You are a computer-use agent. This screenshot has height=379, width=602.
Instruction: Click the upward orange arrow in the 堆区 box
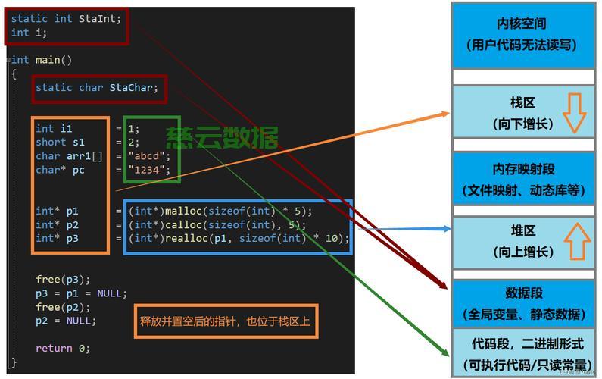pos(577,241)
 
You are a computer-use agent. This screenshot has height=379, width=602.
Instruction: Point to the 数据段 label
pos(524,293)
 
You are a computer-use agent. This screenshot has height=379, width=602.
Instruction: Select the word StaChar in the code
pos(133,87)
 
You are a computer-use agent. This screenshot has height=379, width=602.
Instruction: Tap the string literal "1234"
pos(149,170)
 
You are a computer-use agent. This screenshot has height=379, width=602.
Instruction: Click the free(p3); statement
pos(58,280)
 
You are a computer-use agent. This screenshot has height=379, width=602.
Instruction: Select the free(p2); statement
pos(58,307)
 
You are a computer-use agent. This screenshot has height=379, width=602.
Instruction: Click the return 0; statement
pos(62,348)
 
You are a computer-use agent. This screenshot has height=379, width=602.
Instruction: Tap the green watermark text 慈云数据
pos(222,137)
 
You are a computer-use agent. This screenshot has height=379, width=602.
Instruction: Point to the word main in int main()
pos(48,60)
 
